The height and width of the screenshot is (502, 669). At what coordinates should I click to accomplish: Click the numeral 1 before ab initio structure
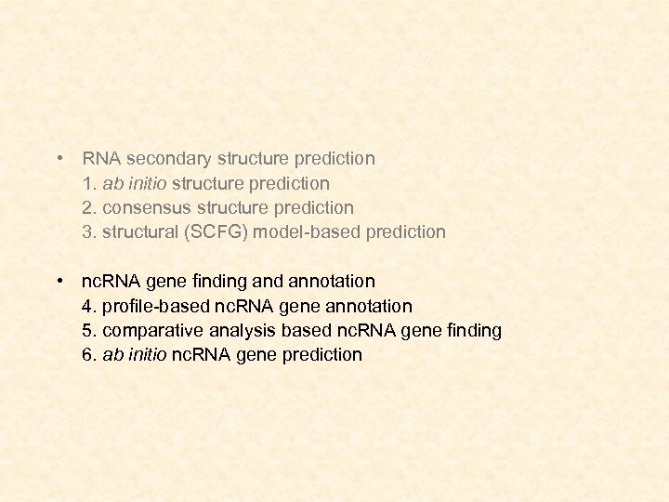point(87,183)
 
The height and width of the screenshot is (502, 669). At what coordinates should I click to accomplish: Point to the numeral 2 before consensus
point(87,207)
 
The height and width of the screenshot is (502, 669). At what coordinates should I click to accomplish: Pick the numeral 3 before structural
point(87,231)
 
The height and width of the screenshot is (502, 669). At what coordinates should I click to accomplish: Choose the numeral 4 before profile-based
point(87,306)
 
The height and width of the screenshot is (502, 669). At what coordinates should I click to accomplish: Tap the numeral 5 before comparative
point(87,330)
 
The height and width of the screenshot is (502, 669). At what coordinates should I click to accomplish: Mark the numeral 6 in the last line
point(87,354)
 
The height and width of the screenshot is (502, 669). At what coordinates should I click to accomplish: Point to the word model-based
point(304,231)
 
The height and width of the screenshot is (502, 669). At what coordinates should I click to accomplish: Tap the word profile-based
point(154,306)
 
